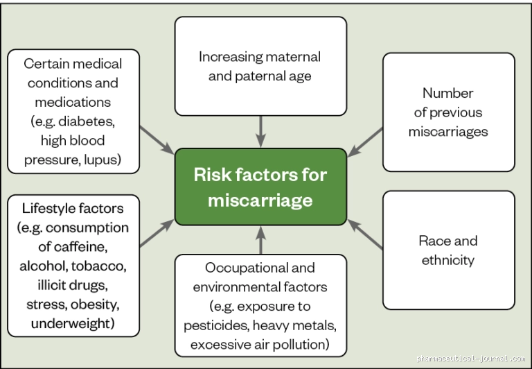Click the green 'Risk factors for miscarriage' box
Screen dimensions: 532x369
click(x=260, y=187)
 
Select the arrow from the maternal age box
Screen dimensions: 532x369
click(x=260, y=132)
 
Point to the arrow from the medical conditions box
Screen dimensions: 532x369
click(x=157, y=140)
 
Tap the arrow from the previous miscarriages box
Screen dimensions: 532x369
click(x=365, y=142)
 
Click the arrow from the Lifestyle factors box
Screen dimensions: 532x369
click(x=157, y=233)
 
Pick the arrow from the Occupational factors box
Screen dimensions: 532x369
click(x=260, y=240)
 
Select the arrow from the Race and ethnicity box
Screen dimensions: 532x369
click(x=365, y=234)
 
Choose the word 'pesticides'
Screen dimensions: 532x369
click(x=216, y=326)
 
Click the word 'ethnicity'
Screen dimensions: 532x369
click(x=448, y=261)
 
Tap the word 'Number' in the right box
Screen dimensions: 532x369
click(x=448, y=93)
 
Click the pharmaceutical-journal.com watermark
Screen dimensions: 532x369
click(x=470, y=359)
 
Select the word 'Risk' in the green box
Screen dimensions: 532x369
click(x=213, y=175)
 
